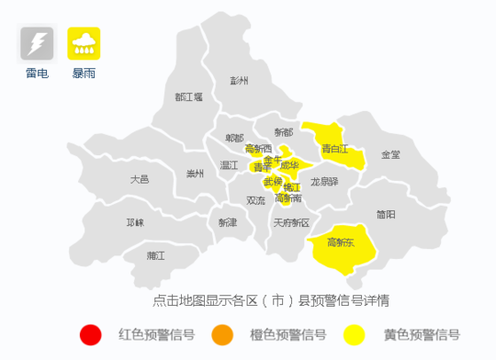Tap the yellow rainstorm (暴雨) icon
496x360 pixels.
point(85,43)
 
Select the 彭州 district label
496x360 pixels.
point(240,80)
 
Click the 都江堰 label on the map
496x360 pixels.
point(188,96)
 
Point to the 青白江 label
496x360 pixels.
point(335,148)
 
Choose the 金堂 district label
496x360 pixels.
point(390,154)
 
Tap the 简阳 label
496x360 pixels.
point(386,214)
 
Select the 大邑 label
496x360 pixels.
point(140,179)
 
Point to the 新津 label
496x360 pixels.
point(227,222)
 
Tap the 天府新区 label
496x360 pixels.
point(292,222)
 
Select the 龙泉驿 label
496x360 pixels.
point(324,182)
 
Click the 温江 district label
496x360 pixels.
point(229,166)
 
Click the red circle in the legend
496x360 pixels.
point(90,335)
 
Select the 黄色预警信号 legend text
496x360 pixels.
point(422,335)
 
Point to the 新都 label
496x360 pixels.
point(283,133)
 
